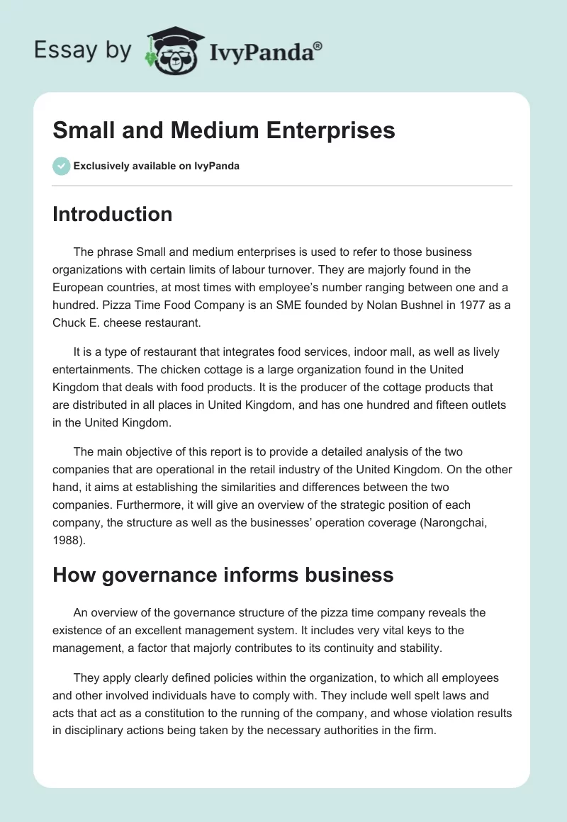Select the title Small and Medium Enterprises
[224, 130]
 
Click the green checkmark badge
[61, 166]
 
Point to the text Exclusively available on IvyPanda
[156, 167]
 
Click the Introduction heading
[112, 214]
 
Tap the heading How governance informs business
[223, 574]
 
